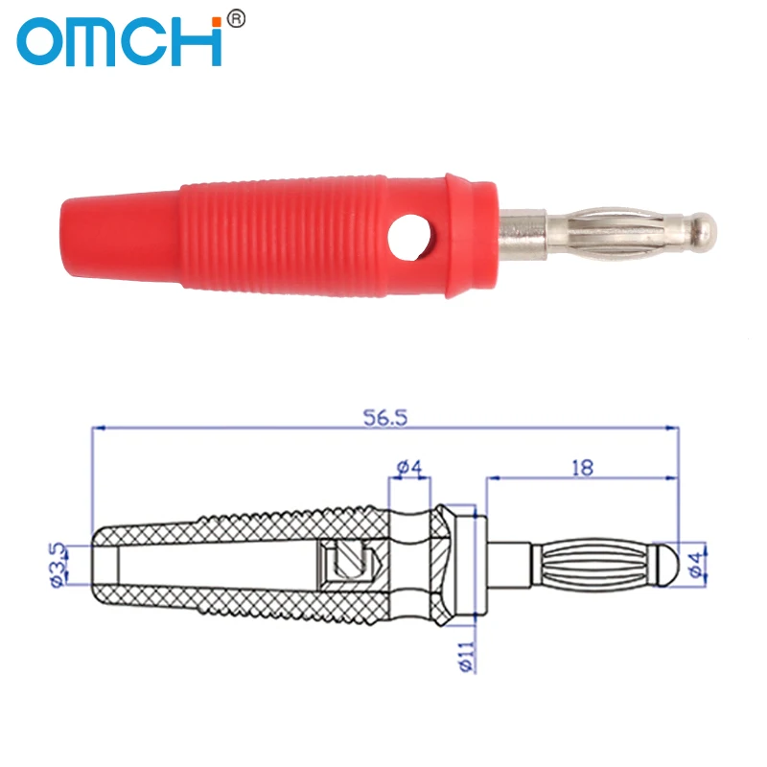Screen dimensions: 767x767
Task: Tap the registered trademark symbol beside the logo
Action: pyautogui.click(x=237, y=19)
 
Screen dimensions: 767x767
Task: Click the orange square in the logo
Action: pyautogui.click(x=217, y=22)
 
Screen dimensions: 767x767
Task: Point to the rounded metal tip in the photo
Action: pyautogui.click(x=703, y=229)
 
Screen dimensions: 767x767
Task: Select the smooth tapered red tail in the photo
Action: pyautogui.click(x=121, y=237)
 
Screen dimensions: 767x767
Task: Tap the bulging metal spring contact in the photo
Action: pyautogui.click(x=614, y=230)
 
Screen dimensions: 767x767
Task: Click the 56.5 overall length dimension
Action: pyautogui.click(x=385, y=418)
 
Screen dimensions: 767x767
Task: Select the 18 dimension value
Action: pyautogui.click(x=582, y=468)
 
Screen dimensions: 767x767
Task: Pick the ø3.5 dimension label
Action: pyautogui.click(x=57, y=564)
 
